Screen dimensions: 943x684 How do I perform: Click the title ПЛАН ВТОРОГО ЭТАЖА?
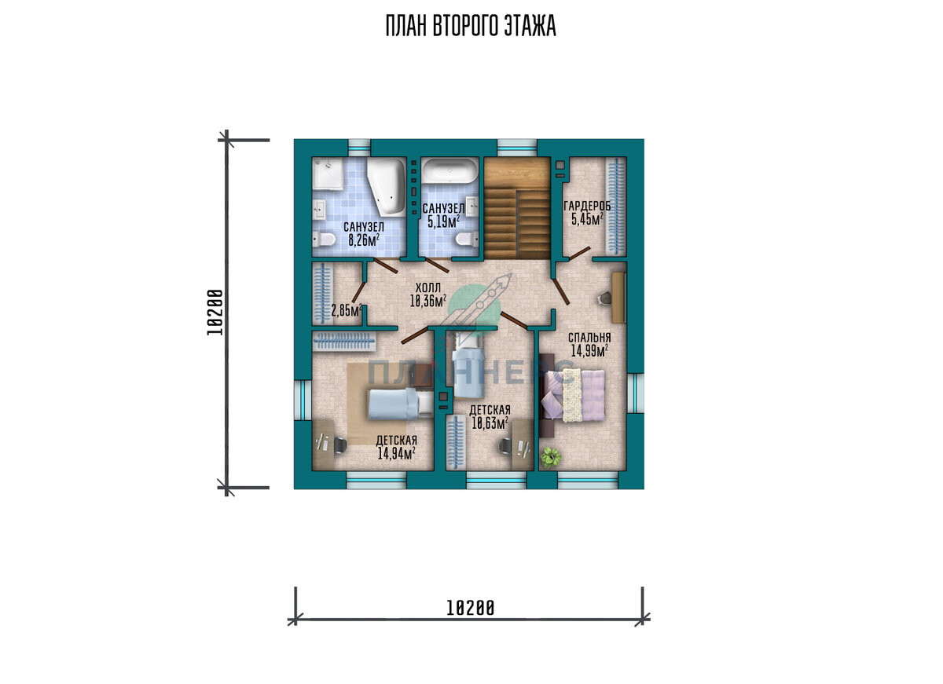(x=471, y=26)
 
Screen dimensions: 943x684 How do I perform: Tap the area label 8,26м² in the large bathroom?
(x=364, y=240)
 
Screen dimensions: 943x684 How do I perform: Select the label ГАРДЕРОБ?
(x=587, y=206)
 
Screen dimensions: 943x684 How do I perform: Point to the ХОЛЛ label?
(x=428, y=287)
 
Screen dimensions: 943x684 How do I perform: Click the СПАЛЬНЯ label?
(x=589, y=338)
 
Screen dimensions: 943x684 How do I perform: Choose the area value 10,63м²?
(x=490, y=423)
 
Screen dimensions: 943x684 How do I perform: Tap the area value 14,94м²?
(x=397, y=453)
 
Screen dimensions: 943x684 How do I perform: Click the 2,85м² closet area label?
(x=346, y=310)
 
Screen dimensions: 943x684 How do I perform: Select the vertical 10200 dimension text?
(x=215, y=312)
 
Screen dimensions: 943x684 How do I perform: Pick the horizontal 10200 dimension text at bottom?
(x=470, y=608)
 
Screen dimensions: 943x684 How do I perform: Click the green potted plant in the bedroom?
(x=551, y=457)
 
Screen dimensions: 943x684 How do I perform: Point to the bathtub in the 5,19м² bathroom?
(x=450, y=170)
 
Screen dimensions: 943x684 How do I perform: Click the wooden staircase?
(x=517, y=208)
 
